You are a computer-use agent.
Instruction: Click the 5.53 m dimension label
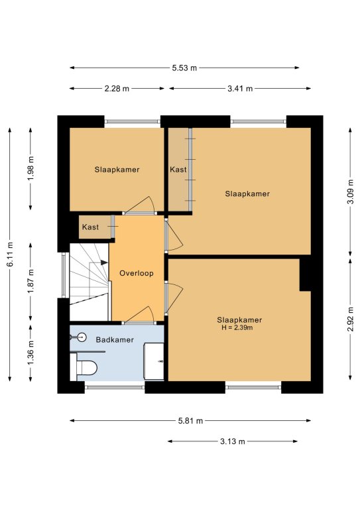(184, 68)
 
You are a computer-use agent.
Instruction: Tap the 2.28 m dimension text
(117, 89)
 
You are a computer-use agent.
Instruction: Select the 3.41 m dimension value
(240, 89)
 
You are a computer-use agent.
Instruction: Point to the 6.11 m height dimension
(10, 254)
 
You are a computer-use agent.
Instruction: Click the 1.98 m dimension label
(31, 168)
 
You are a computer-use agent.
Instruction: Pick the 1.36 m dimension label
(31, 353)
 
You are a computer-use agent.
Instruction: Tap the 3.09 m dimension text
(350, 192)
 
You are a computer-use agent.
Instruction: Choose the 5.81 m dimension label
(190, 421)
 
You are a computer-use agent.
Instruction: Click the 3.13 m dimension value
(233, 441)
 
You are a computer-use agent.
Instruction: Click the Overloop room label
(137, 273)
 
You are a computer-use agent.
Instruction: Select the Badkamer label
(115, 340)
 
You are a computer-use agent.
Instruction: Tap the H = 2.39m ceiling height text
(237, 328)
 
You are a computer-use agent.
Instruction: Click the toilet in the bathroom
(84, 367)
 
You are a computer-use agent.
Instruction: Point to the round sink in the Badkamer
(82, 337)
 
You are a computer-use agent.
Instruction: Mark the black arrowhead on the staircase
(104, 262)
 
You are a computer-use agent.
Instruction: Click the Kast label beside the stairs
(90, 227)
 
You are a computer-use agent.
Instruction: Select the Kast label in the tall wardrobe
(178, 170)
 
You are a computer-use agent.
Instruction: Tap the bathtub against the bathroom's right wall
(154, 361)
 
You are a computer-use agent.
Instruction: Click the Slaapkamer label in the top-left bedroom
(117, 170)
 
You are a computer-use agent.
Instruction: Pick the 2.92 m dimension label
(350, 319)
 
